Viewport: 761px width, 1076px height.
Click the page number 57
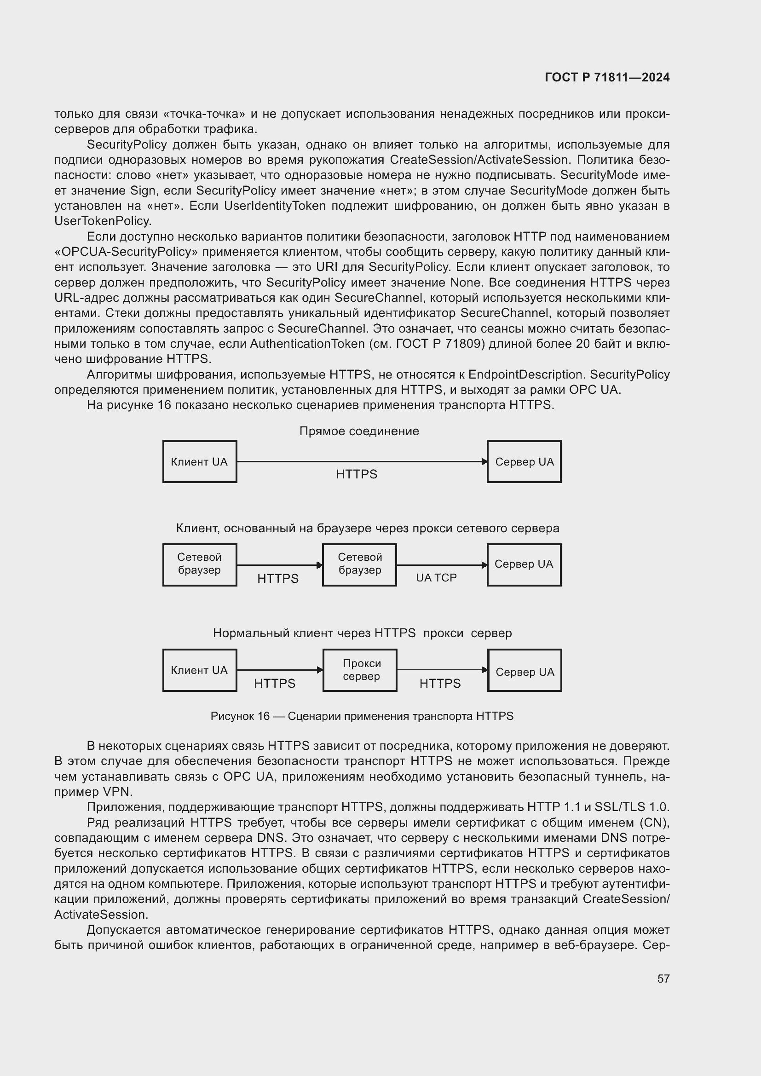click(663, 978)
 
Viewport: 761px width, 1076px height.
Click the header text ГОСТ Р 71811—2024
click(607, 78)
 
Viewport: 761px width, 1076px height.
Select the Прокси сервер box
click(360, 670)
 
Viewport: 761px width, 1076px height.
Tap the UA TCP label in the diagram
click(436, 578)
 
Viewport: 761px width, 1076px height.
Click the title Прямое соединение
click(359, 431)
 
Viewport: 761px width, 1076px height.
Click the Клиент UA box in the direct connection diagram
click(200, 461)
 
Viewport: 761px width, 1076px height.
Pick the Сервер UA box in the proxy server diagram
click(525, 670)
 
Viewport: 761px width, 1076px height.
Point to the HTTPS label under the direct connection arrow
click(356, 474)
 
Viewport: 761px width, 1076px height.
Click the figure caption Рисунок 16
click(361, 716)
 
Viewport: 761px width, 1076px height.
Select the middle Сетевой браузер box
click(359, 565)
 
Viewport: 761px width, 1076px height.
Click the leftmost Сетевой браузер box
click(200, 565)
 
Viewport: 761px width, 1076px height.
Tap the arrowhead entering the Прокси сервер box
click(320, 670)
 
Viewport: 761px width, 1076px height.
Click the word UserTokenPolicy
click(103, 221)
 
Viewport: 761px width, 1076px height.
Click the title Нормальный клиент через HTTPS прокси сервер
click(362, 633)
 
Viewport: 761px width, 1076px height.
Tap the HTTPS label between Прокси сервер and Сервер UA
click(440, 683)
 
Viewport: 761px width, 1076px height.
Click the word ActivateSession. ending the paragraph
click(101, 915)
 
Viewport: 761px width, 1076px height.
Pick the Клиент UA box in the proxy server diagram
click(200, 670)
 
